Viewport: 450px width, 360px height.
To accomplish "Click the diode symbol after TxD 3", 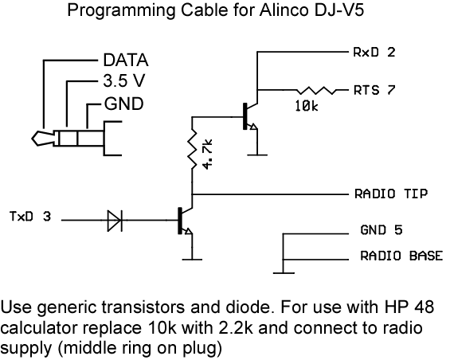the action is tap(115, 221).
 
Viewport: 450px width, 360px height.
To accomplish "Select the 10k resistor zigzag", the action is tap(315, 90).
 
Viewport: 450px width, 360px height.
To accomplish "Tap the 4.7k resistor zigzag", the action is tap(192, 149).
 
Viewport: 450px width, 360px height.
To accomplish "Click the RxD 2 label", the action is tap(374, 53).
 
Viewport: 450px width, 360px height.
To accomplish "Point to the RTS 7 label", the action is tap(374, 90).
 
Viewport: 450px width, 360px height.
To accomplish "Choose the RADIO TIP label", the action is tap(391, 194).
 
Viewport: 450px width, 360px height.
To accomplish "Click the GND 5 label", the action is tap(382, 230).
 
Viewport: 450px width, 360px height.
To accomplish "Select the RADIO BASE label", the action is tap(401, 256).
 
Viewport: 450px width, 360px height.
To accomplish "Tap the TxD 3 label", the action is tap(30, 217).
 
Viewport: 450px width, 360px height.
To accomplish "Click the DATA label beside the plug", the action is tap(126, 61).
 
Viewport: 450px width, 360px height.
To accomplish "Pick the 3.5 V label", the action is tap(124, 80).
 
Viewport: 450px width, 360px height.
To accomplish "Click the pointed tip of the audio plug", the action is tap(32, 139).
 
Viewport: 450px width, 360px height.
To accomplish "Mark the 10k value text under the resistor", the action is tap(307, 107).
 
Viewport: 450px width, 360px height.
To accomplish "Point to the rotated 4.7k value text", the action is tap(207, 155).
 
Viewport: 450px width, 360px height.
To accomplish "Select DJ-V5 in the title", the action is tap(339, 10).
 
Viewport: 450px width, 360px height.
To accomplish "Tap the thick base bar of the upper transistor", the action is tap(245, 116).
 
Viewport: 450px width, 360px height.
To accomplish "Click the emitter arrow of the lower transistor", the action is tap(188, 231).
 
